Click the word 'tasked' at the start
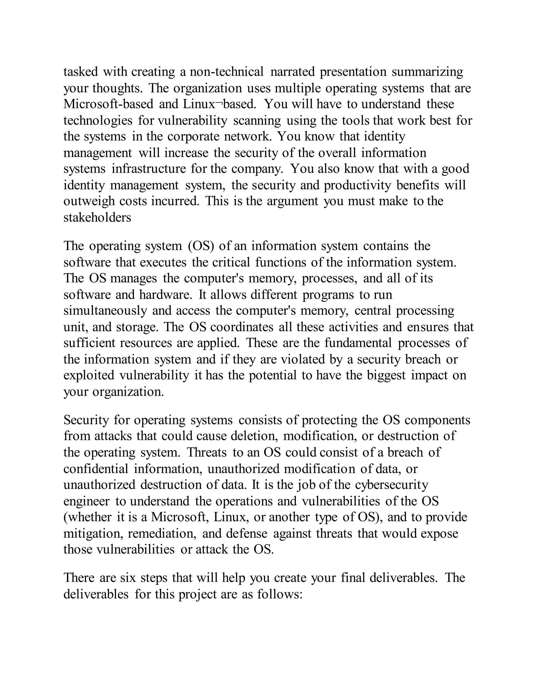[81, 72]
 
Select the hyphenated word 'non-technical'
[227, 72]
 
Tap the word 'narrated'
[292, 72]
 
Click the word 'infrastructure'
[148, 169]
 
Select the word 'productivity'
[357, 185]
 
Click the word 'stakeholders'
[97, 218]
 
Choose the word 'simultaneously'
[105, 311]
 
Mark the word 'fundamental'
[358, 343]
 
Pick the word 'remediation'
[162, 533]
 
